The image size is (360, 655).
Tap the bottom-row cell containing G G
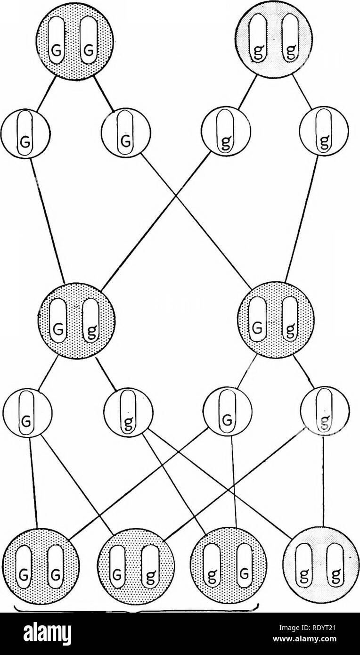click(41, 565)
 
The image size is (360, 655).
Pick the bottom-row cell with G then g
click(136, 565)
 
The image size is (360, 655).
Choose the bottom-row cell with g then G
click(229, 565)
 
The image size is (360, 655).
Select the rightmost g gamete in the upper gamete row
click(324, 133)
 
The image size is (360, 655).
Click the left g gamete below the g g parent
click(225, 133)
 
